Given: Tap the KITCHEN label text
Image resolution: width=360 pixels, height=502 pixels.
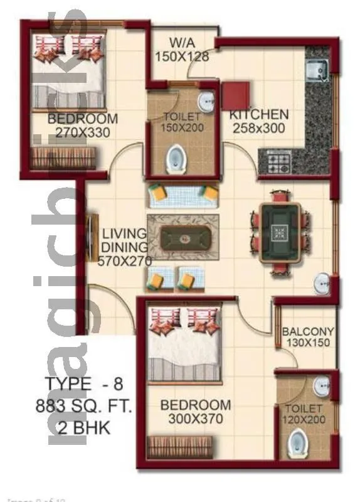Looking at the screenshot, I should tap(258, 115).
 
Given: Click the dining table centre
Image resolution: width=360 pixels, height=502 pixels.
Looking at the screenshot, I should tap(280, 232).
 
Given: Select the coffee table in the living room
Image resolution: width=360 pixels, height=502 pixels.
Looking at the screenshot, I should tap(183, 238).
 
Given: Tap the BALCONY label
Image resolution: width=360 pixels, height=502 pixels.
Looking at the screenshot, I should tap(307, 331).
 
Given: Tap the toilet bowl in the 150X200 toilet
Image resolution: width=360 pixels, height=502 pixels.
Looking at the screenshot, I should tap(177, 159).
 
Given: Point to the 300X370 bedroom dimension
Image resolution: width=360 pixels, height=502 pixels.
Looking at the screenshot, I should tap(195, 419).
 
